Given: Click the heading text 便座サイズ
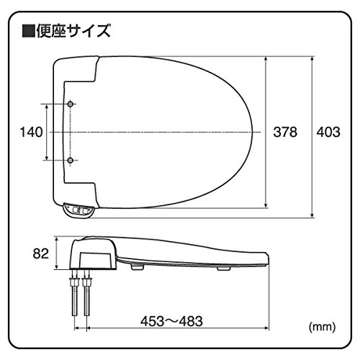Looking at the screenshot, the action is (73, 31).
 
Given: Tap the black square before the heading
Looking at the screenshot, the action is (28, 31).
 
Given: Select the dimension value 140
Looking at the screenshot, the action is (31, 132).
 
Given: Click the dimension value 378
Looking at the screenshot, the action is (285, 132).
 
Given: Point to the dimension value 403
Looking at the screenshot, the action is (328, 132).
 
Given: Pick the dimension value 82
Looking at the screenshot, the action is (41, 253).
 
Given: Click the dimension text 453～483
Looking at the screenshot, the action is (171, 321).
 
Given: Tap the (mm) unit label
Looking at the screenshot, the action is (322, 327).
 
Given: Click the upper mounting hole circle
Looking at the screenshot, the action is (71, 104).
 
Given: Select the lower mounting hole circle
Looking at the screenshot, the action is (71, 160).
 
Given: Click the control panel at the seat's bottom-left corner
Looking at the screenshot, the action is (78, 211).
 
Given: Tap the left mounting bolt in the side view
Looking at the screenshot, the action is (75, 292).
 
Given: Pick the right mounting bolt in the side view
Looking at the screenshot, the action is (86, 292).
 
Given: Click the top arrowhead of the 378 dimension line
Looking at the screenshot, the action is (266, 60).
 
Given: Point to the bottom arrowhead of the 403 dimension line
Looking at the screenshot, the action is (312, 215).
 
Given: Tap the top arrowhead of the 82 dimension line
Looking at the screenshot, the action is (57, 240).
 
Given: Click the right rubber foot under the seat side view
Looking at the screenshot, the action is (224, 268).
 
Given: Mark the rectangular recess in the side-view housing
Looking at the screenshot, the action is (95, 260).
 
